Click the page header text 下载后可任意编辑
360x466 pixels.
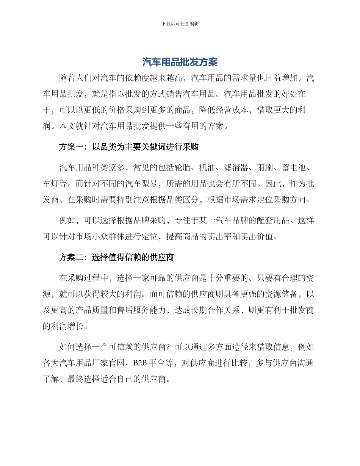tap(180, 23)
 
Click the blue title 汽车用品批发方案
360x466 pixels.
tap(180, 62)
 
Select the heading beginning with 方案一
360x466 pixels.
tap(129, 147)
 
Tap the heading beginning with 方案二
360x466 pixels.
tap(116, 258)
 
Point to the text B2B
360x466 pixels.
tap(140, 363)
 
